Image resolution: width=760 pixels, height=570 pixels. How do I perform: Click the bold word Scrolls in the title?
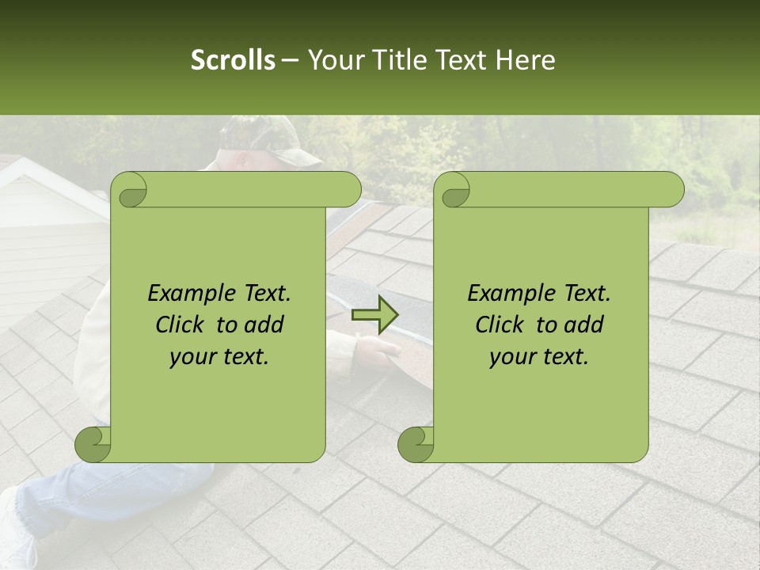tap(234, 60)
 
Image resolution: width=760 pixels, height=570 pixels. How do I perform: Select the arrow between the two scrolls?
tap(375, 315)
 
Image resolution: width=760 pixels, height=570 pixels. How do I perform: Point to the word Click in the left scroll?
tap(182, 325)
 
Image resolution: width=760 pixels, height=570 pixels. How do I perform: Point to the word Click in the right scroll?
tap(502, 325)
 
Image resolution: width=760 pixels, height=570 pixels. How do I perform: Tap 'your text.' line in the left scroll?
tap(219, 357)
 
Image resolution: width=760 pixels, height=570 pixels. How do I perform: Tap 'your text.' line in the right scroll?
tap(539, 357)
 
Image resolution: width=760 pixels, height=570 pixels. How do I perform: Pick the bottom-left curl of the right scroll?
tap(416, 443)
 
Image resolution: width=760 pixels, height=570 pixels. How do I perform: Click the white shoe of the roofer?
tap(16, 530)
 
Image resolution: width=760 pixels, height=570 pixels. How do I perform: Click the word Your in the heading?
tap(333, 60)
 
